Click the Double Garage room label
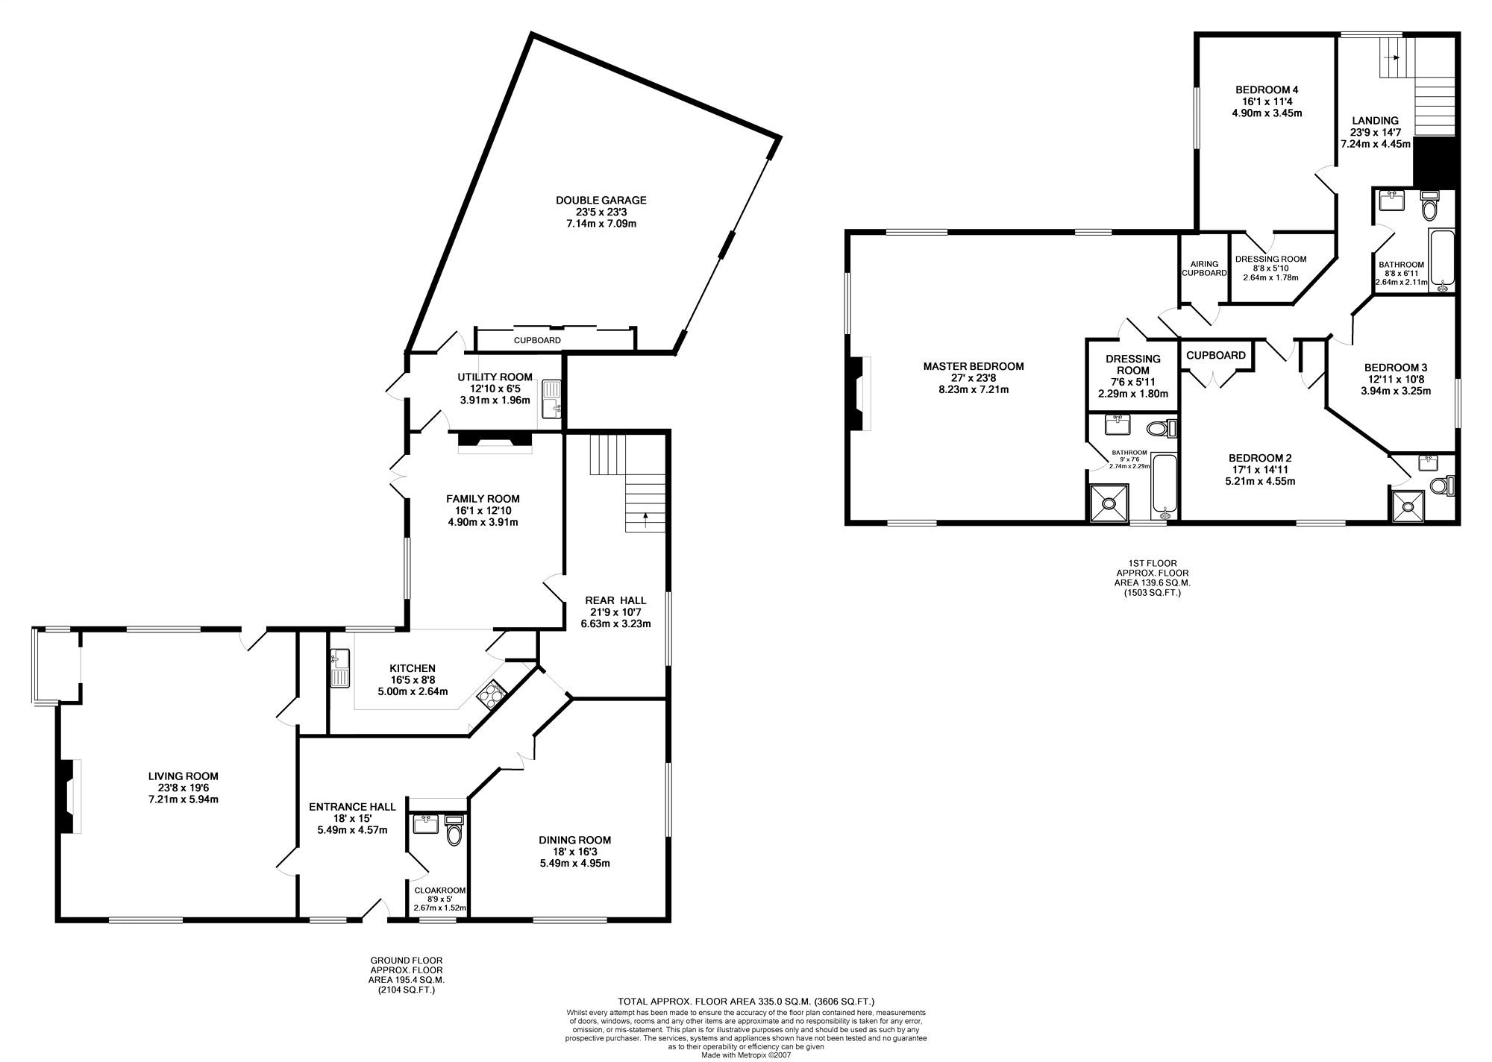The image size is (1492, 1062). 601,200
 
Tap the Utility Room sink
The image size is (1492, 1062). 552,399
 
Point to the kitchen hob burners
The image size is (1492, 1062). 489,695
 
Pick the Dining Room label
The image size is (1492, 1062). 575,840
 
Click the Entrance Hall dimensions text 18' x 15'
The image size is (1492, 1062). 352,818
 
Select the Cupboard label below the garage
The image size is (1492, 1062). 537,340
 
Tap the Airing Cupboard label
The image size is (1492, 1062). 1204,268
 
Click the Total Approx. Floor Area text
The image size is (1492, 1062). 746,1001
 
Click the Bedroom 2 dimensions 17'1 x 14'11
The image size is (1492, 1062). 1260,470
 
